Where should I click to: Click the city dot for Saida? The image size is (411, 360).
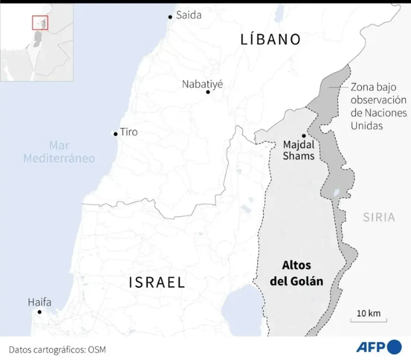point(170,17)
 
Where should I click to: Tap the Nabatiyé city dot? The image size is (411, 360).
point(208,92)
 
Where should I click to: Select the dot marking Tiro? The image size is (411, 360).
point(116,134)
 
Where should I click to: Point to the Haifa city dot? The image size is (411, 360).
point(39,312)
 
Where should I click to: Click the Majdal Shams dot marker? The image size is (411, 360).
point(304,136)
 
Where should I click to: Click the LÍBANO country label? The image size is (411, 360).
point(270,39)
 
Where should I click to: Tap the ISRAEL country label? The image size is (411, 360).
point(157,283)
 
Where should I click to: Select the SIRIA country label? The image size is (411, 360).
point(379,217)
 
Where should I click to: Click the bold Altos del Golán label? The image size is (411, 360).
point(297,273)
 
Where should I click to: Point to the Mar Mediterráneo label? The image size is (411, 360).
point(59,152)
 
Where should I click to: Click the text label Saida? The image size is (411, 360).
point(189,15)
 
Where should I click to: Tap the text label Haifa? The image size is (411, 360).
point(39,302)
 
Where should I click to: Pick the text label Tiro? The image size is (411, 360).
point(129,132)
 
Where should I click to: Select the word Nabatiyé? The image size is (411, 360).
point(202,84)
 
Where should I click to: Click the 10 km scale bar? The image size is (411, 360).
point(369,320)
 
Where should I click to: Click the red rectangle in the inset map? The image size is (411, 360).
point(40,23)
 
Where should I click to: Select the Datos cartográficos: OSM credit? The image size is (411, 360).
point(58,350)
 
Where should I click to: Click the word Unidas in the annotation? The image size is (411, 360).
point(366,125)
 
